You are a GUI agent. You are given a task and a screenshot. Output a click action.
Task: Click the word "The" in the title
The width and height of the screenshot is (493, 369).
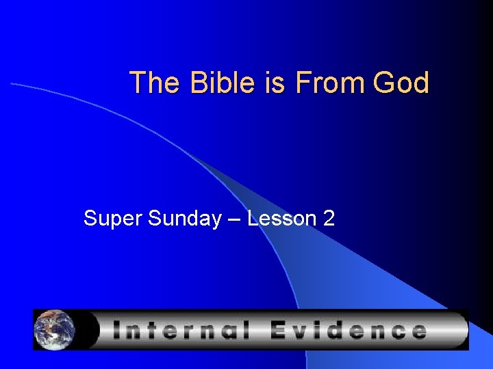point(147,83)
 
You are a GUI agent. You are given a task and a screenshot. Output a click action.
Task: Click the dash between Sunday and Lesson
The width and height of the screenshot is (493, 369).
point(234,219)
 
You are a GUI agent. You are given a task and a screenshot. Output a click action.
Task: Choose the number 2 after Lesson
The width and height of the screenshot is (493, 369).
point(329,219)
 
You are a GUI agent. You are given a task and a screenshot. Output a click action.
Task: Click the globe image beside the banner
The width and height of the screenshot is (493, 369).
point(54,329)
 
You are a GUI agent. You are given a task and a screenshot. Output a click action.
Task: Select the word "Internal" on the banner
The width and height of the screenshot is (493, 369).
point(180,331)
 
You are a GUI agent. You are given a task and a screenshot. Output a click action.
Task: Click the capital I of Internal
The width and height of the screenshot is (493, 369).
point(116,331)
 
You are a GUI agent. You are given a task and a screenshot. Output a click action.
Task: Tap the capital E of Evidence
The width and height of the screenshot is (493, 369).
point(281,331)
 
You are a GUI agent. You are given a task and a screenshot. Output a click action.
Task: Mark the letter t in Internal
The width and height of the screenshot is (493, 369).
point(149,331)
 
